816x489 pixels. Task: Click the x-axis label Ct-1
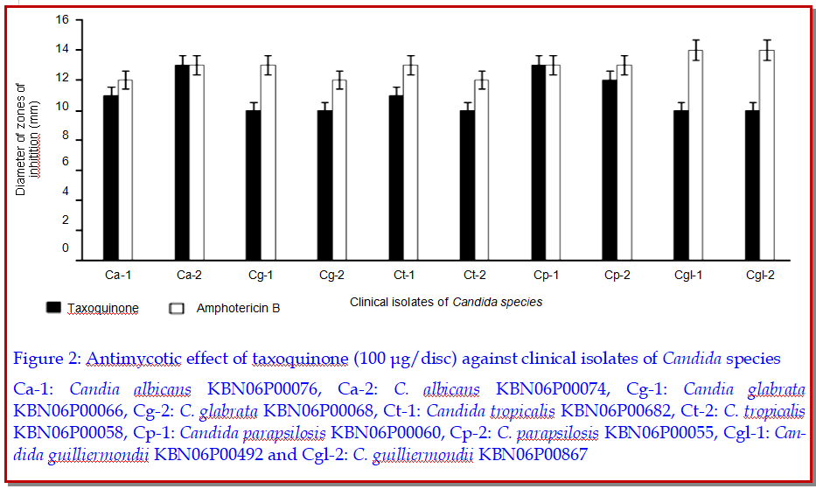tap(403, 276)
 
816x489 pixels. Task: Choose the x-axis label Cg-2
tap(331, 276)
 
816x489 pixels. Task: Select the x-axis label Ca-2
tap(189, 276)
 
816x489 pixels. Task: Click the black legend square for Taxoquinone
tap(54, 308)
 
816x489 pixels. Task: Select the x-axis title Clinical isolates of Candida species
tap(446, 302)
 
